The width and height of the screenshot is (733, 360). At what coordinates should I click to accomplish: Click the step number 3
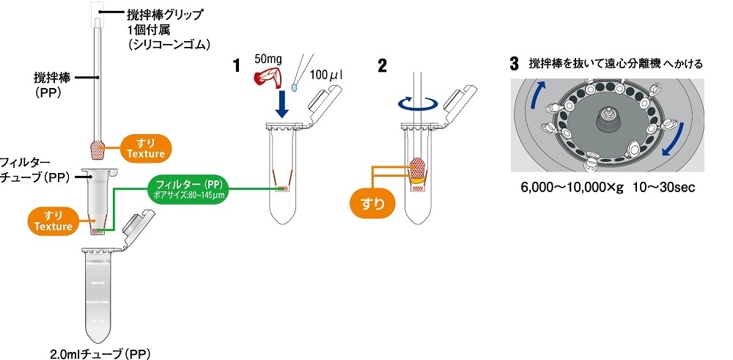click(x=515, y=63)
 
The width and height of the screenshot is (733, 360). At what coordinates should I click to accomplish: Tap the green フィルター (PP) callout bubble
click(x=188, y=187)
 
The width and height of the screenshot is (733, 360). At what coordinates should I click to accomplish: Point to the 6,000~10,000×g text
click(x=572, y=188)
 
